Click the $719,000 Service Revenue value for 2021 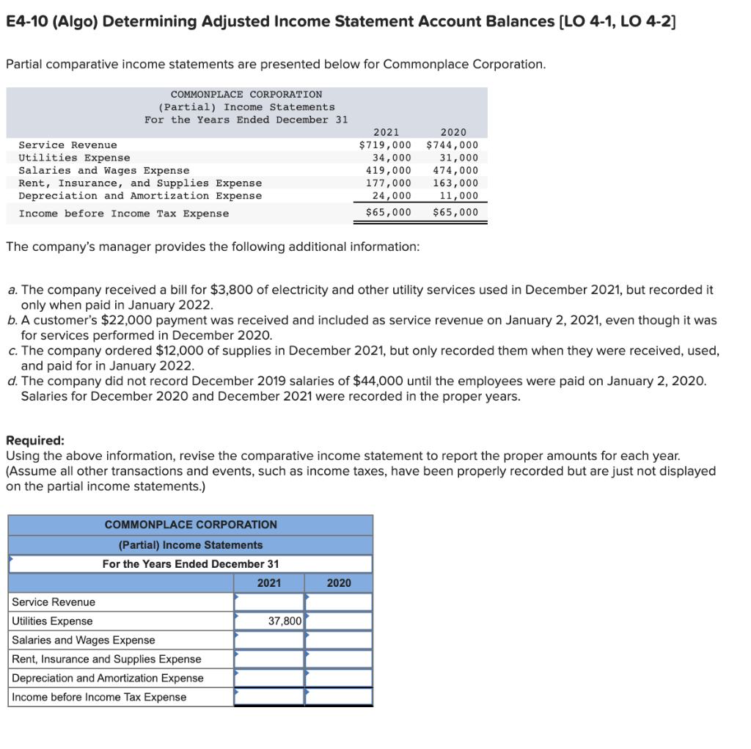[x=385, y=145]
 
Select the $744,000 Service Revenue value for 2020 [x=452, y=145]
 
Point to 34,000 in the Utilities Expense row [x=392, y=158]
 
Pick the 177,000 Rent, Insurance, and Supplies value [x=389, y=183]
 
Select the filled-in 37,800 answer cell [x=268, y=621]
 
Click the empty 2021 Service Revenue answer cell [x=268, y=602]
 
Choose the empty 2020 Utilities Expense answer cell [x=338, y=621]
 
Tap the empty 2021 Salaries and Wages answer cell [x=268, y=640]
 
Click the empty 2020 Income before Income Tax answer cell [x=338, y=697]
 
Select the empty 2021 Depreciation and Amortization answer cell [x=268, y=679]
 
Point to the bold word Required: [x=35, y=441]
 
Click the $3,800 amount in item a [x=232, y=290]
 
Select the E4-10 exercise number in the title [x=27, y=21]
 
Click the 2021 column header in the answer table [x=268, y=583]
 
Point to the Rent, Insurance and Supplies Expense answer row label [x=106, y=660]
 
